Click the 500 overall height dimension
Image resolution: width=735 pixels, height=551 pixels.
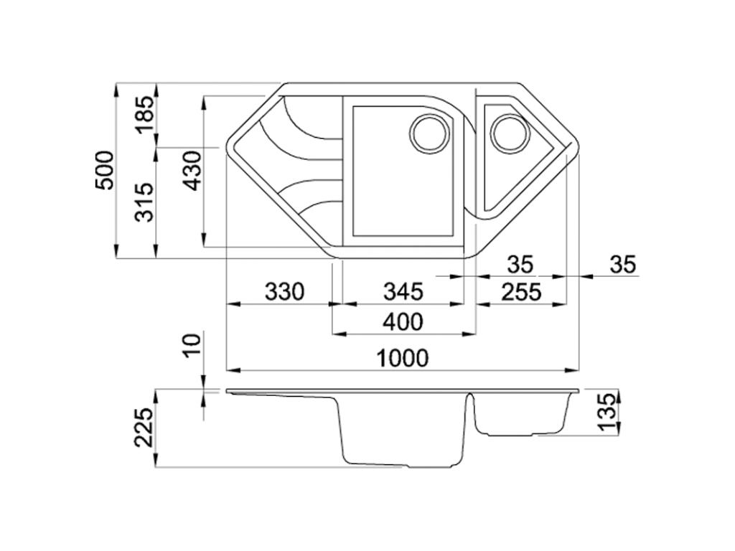click(x=105, y=170)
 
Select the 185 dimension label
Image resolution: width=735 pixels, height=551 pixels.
click(x=145, y=114)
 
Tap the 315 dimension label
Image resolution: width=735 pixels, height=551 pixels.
click(x=145, y=202)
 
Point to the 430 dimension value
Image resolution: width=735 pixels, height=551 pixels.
click(x=192, y=170)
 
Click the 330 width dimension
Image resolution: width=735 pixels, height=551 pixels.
click(x=285, y=292)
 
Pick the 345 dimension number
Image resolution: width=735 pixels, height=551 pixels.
click(x=403, y=292)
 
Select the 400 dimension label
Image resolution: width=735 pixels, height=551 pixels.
click(x=403, y=322)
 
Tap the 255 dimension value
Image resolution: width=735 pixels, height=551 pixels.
click(x=521, y=292)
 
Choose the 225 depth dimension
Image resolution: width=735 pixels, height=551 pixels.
click(x=145, y=428)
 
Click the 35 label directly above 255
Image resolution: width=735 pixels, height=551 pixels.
click(x=521, y=265)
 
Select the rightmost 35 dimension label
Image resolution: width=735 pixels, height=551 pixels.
click(x=622, y=265)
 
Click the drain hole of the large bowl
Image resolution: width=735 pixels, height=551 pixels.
click(x=430, y=134)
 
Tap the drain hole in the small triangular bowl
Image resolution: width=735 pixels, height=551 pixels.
click(x=509, y=134)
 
